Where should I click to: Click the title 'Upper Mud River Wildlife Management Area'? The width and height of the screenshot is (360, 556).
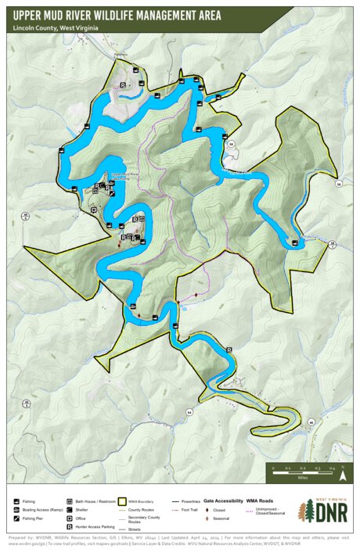[x=117, y=15]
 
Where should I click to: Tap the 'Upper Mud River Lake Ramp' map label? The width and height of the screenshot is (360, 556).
[x=125, y=177]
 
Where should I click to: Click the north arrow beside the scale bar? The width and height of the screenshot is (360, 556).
[x=344, y=469]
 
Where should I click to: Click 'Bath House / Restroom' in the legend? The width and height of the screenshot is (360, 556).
[x=95, y=500]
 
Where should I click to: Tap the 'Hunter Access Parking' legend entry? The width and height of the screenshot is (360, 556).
[x=95, y=527]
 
